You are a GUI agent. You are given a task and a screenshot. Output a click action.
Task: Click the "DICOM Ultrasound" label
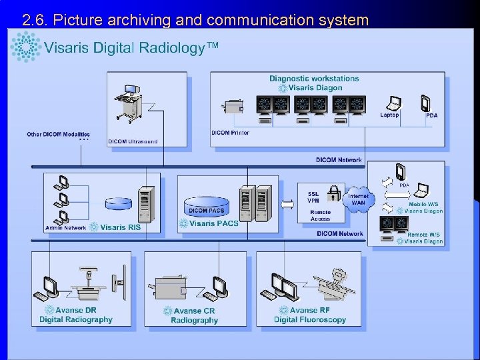[x=133, y=141]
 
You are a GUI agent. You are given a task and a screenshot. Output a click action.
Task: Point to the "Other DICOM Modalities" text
[x=58, y=135]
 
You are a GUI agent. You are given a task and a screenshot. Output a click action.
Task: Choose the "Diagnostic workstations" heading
[x=314, y=79]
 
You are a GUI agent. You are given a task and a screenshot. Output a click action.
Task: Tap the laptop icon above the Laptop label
[x=394, y=103]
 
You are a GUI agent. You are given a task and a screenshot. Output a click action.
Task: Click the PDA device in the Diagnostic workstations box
[x=426, y=103]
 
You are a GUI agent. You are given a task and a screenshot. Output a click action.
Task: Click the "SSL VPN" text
[x=313, y=197]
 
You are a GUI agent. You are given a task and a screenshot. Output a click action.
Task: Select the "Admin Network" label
[x=65, y=228]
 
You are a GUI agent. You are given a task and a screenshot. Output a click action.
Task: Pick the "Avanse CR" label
[x=194, y=311]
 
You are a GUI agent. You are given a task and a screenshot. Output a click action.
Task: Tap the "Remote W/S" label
[x=423, y=235]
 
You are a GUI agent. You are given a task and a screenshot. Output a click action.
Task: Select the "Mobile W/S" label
[x=423, y=204]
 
